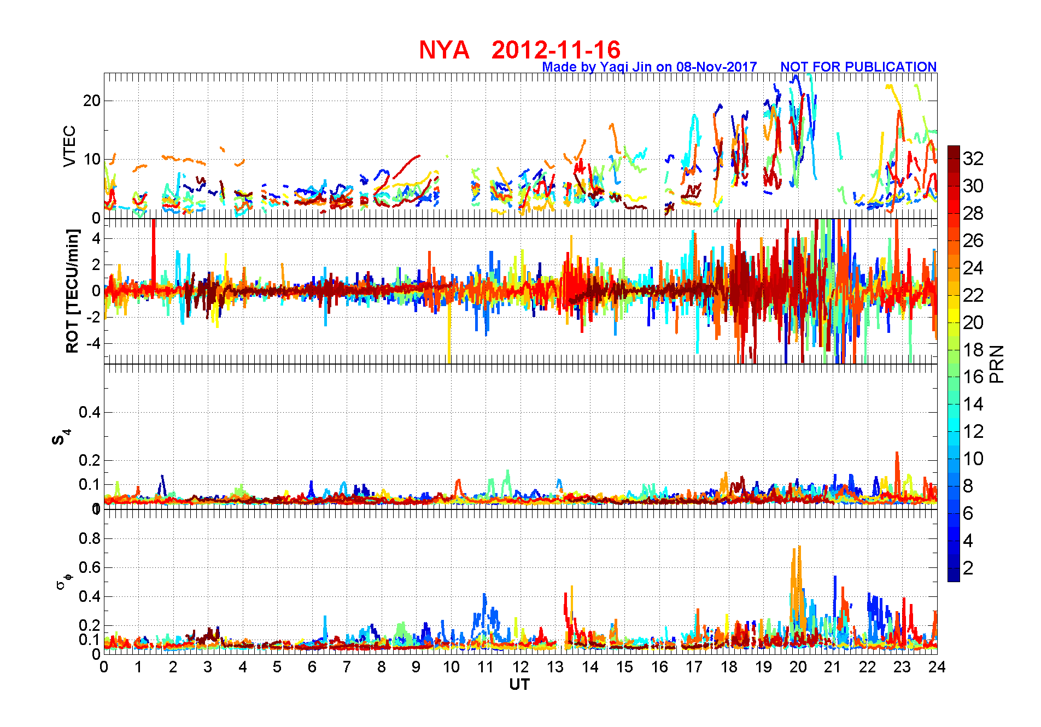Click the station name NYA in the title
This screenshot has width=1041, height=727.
point(444,50)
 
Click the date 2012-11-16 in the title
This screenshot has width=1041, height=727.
point(555,50)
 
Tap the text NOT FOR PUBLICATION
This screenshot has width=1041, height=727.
point(858,67)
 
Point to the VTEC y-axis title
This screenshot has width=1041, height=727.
point(69,146)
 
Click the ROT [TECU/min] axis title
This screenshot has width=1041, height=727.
point(73,291)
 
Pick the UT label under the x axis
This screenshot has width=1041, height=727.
point(519,684)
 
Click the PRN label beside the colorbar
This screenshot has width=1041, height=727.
point(997,363)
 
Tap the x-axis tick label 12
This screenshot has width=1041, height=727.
point(520,667)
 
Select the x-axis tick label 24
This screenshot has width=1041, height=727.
point(937,667)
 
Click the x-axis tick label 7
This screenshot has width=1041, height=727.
point(347,667)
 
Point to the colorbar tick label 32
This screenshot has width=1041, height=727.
point(973,159)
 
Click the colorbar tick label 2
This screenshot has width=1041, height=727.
point(968,568)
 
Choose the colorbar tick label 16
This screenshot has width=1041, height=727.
point(973,377)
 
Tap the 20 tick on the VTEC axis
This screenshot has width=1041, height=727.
point(92,101)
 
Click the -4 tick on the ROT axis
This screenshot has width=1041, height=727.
point(92,343)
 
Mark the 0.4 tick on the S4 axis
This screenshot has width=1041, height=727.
point(90,412)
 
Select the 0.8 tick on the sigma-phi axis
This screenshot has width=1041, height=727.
point(90,538)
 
